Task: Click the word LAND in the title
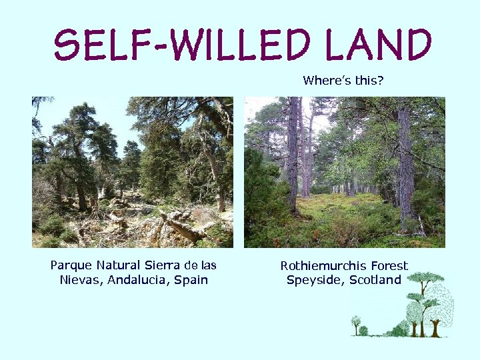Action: [x=377, y=45]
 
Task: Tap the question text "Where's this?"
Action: [x=343, y=81]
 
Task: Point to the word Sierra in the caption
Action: [x=162, y=265]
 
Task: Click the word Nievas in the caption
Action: [x=79, y=280]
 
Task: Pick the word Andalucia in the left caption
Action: [x=137, y=280]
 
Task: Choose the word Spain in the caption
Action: [x=191, y=280]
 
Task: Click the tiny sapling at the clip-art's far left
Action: [x=356, y=325]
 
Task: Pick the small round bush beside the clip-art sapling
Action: [x=364, y=331]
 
